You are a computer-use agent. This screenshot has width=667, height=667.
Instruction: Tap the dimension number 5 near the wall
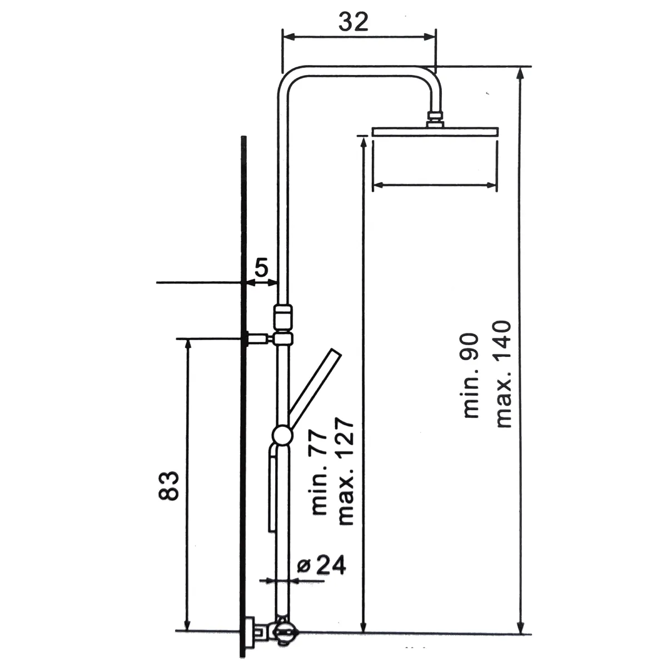click(261, 269)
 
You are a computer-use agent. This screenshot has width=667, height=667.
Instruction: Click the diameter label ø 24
click(322, 565)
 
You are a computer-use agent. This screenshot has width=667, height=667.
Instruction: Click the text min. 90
click(471, 376)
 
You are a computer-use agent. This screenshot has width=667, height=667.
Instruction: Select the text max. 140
click(503, 374)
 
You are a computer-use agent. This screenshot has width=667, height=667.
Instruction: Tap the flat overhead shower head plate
click(436, 132)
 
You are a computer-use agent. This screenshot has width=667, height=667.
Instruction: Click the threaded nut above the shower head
click(435, 119)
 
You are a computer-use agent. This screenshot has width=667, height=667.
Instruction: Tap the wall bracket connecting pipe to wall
click(258, 338)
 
